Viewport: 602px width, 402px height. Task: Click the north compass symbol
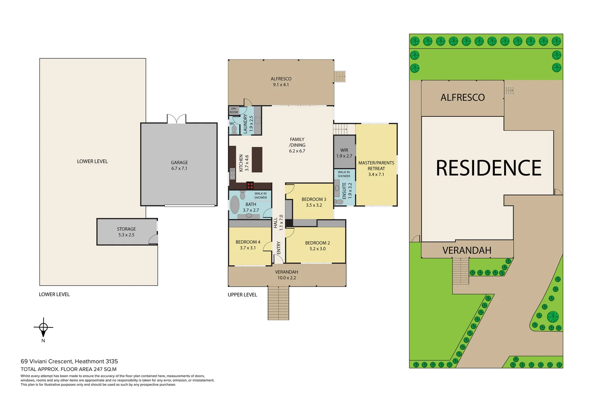click(x=43, y=327)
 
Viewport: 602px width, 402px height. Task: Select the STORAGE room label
click(x=126, y=229)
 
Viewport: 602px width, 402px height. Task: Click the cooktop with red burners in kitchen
click(x=250, y=185)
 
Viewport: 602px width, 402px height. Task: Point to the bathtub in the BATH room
click(x=235, y=205)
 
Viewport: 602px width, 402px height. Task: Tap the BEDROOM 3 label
click(x=314, y=199)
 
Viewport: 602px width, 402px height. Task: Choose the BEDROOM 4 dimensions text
click(x=248, y=248)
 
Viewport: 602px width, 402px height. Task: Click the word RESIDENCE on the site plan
click(x=488, y=168)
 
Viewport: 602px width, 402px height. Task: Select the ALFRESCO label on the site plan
click(x=462, y=98)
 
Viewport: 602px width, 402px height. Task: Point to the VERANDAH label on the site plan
click(x=467, y=251)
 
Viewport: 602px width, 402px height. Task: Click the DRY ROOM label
click(x=234, y=110)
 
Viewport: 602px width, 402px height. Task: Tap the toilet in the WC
click(x=234, y=130)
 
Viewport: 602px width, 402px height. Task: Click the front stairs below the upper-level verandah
click(x=278, y=303)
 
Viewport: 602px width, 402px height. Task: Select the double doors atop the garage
click(x=176, y=119)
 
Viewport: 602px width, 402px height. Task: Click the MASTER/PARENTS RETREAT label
click(x=376, y=166)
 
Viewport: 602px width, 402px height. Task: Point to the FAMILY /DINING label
click(x=297, y=142)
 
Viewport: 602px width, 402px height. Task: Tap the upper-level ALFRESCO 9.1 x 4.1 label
click(x=281, y=82)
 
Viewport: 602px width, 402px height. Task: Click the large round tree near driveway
click(x=553, y=316)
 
